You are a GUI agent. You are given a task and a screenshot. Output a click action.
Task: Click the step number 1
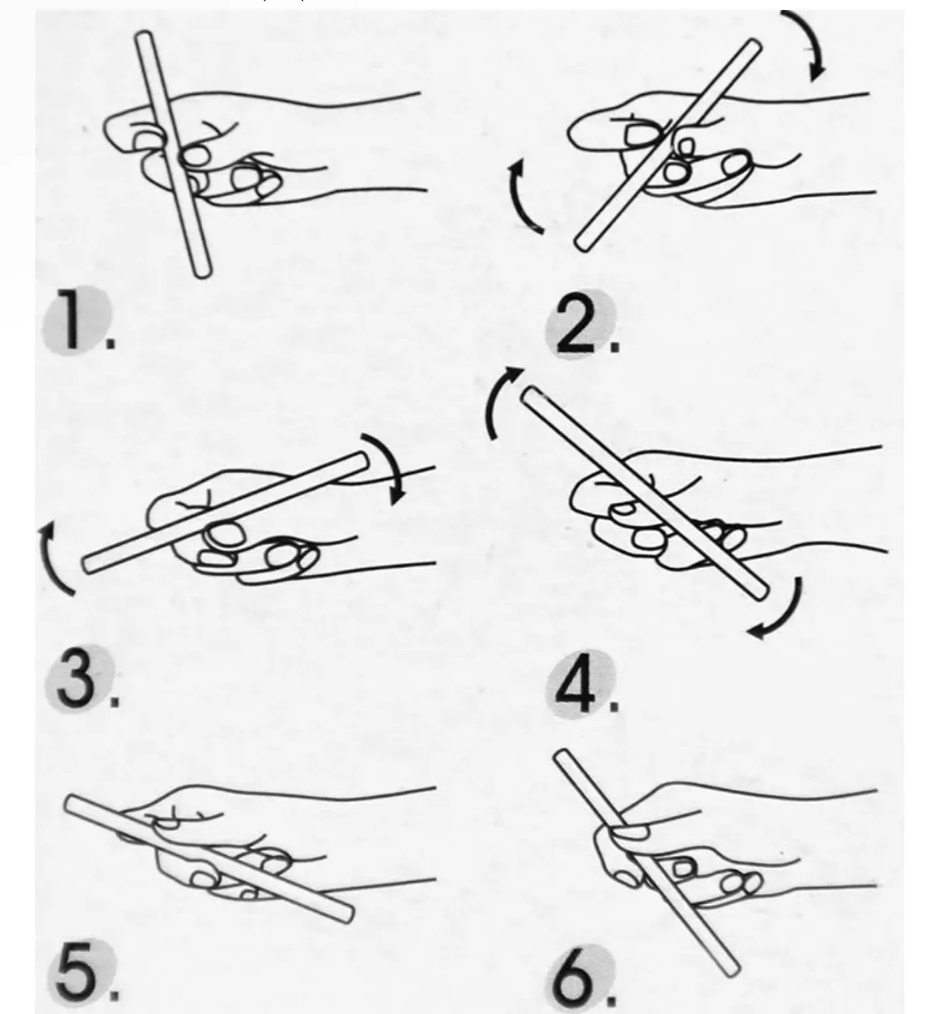(x=74, y=320)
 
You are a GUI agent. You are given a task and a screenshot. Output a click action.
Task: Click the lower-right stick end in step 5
(x=347, y=915)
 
